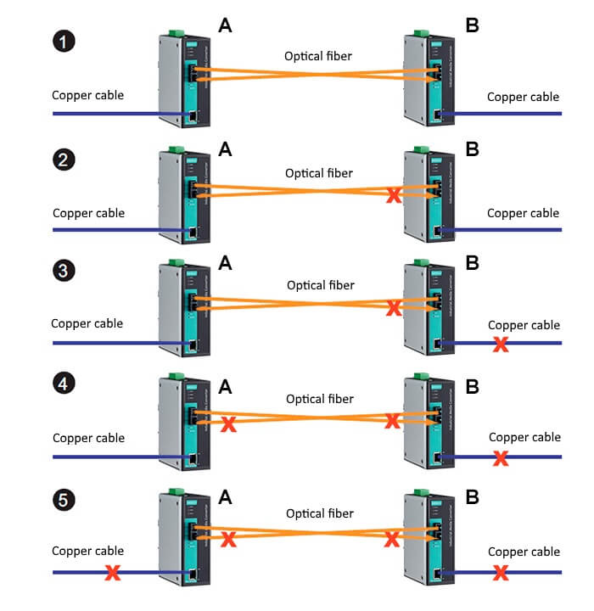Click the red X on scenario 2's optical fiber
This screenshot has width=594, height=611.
(x=394, y=196)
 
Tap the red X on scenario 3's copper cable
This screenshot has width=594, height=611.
(x=501, y=345)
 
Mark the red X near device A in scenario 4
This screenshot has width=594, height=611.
(x=227, y=424)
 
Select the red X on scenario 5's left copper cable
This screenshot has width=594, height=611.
(x=111, y=574)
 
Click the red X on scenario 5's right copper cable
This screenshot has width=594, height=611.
(x=501, y=573)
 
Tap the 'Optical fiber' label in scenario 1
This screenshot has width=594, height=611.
(x=318, y=58)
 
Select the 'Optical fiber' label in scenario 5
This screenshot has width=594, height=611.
(x=320, y=513)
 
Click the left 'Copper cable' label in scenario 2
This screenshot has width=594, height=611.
(x=88, y=212)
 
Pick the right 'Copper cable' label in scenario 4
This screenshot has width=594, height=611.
(x=525, y=437)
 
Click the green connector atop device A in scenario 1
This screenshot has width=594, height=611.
(x=176, y=33)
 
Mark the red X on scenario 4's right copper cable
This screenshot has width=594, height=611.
(x=501, y=459)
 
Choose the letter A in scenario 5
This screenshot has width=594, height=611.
(x=226, y=499)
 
